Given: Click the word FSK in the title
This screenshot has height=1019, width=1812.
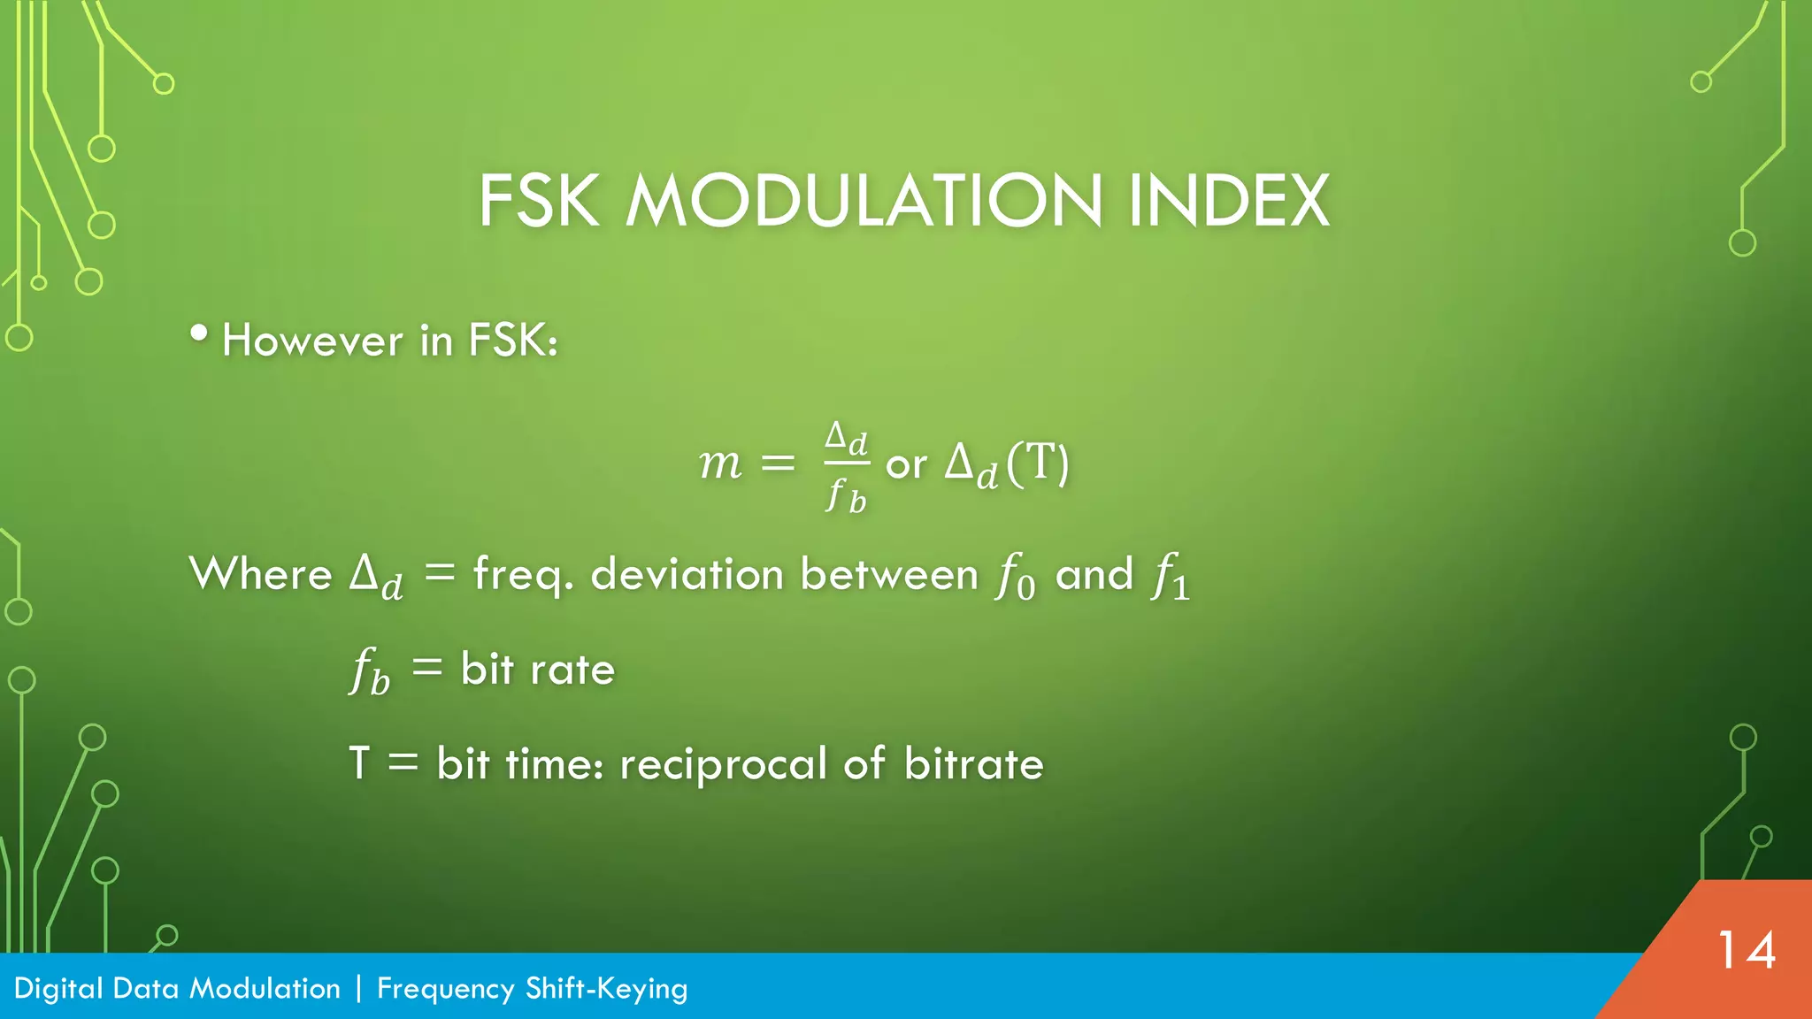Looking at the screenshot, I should pos(539,202).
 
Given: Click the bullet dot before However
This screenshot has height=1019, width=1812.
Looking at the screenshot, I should pos(199,333).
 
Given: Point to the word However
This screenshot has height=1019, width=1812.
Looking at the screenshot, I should pos(312,341).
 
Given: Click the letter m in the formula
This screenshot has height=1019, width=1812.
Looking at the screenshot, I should pos(720,464).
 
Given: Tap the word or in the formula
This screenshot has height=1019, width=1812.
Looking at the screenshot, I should pos(906,465).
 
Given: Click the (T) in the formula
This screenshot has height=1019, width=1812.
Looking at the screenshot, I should pos(1038,463).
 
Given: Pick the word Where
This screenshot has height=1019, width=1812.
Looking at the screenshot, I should pos(261,574).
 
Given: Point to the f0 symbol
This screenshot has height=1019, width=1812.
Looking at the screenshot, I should pos(1015,576).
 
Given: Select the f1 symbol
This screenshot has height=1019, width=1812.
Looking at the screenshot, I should pos(1170,576).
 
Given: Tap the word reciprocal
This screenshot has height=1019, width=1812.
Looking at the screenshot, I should pos(723,764).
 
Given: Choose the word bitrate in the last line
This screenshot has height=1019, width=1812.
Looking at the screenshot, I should pos(973,764).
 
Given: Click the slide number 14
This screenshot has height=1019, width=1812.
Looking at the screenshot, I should pos(1746,951).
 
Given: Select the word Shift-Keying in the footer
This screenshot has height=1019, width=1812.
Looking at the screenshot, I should pos(606,989).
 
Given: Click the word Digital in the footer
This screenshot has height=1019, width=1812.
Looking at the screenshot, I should pos(58,989).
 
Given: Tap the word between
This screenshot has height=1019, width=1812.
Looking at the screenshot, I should pos(889,574).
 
